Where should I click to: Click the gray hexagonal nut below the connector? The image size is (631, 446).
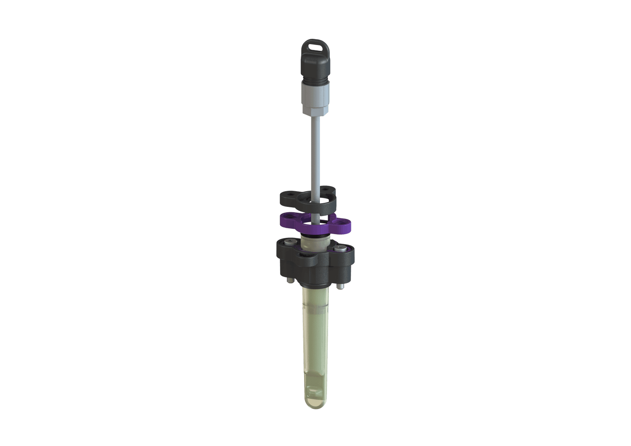(316, 109)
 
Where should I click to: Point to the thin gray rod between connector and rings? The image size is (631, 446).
(316, 157)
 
